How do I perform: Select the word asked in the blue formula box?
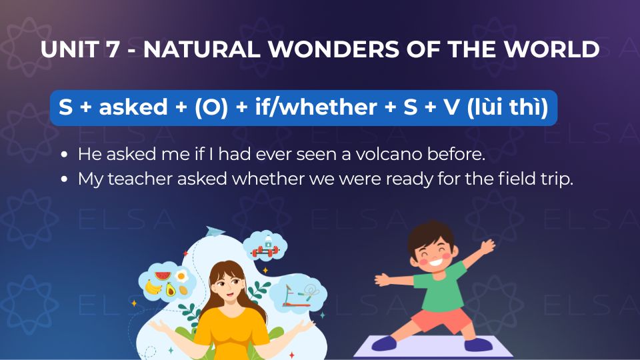pos(133,107)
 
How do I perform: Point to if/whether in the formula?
pos(316,107)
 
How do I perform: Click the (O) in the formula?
pos(211,107)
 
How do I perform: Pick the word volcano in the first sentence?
pos(388,154)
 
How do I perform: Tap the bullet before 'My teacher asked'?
pos(64,179)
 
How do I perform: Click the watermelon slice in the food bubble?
pos(163,276)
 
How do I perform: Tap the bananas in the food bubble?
pos(153,287)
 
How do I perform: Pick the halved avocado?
pos(170,289)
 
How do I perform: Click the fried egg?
pos(181,276)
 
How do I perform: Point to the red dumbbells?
pos(265,251)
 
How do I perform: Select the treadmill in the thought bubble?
pos(291,296)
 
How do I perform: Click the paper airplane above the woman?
pos(215,231)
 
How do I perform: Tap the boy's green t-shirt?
pos(439,287)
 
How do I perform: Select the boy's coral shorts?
pos(441,319)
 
